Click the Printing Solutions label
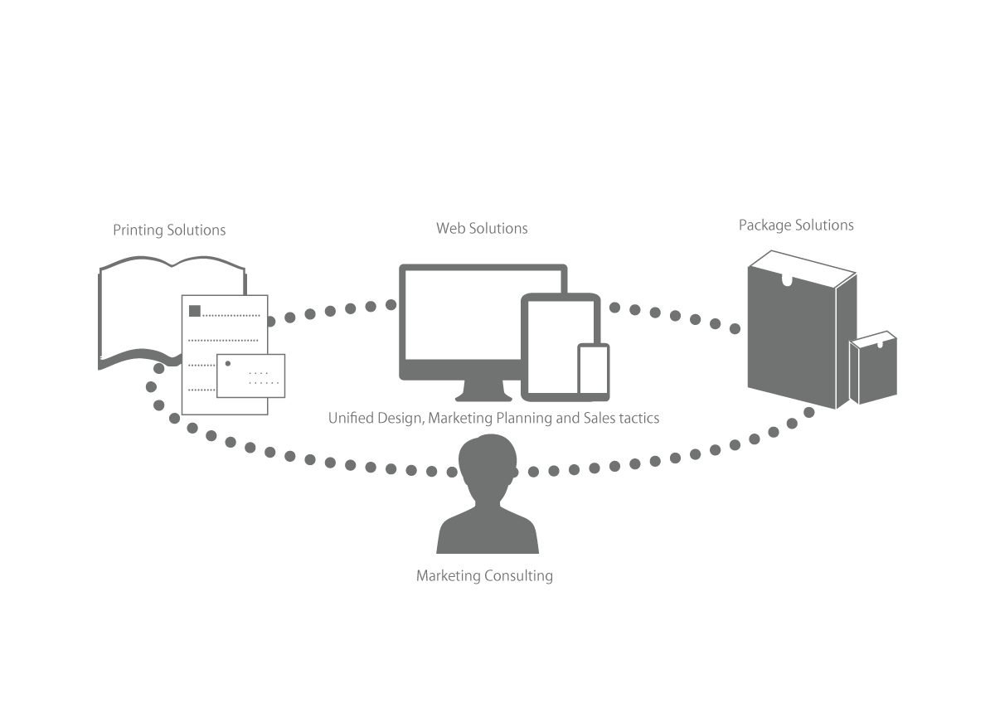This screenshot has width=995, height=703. (169, 230)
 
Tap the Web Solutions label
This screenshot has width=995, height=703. (482, 228)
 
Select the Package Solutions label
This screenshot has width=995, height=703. (796, 225)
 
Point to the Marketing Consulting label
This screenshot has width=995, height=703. (484, 575)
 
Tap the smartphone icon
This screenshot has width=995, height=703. (594, 369)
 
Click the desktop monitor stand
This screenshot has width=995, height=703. (483, 390)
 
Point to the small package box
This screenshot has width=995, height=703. (873, 368)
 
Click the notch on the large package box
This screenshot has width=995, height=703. (787, 281)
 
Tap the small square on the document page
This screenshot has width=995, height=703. (195, 311)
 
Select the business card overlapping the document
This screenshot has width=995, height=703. (251, 376)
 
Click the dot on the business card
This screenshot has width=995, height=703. (228, 364)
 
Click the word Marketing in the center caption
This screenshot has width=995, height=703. (460, 418)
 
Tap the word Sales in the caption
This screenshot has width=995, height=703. (599, 418)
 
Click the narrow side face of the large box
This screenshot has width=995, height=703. (847, 341)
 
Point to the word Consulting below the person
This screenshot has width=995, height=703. (519, 575)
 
